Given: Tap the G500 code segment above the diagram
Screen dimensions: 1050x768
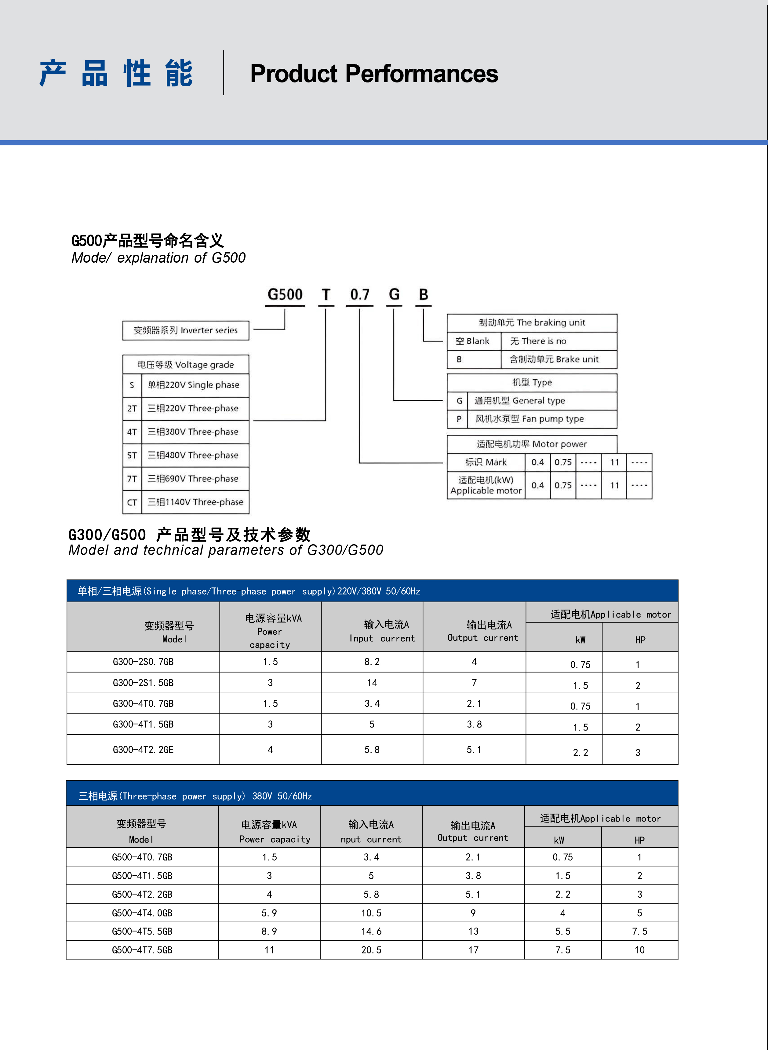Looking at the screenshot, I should tap(285, 295).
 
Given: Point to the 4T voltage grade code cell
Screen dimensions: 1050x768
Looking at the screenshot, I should tap(132, 432).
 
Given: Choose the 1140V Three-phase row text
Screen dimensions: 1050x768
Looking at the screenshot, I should tap(195, 502).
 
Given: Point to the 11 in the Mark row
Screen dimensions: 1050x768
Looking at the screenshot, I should tap(614, 462).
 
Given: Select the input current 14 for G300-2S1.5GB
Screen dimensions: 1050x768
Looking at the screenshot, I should tap(372, 683).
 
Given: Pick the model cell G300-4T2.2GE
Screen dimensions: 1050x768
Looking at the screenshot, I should tap(143, 749).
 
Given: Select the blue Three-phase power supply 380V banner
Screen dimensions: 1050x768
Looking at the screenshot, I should tap(372, 796).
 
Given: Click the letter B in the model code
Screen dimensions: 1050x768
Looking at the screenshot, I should tap(423, 295).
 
